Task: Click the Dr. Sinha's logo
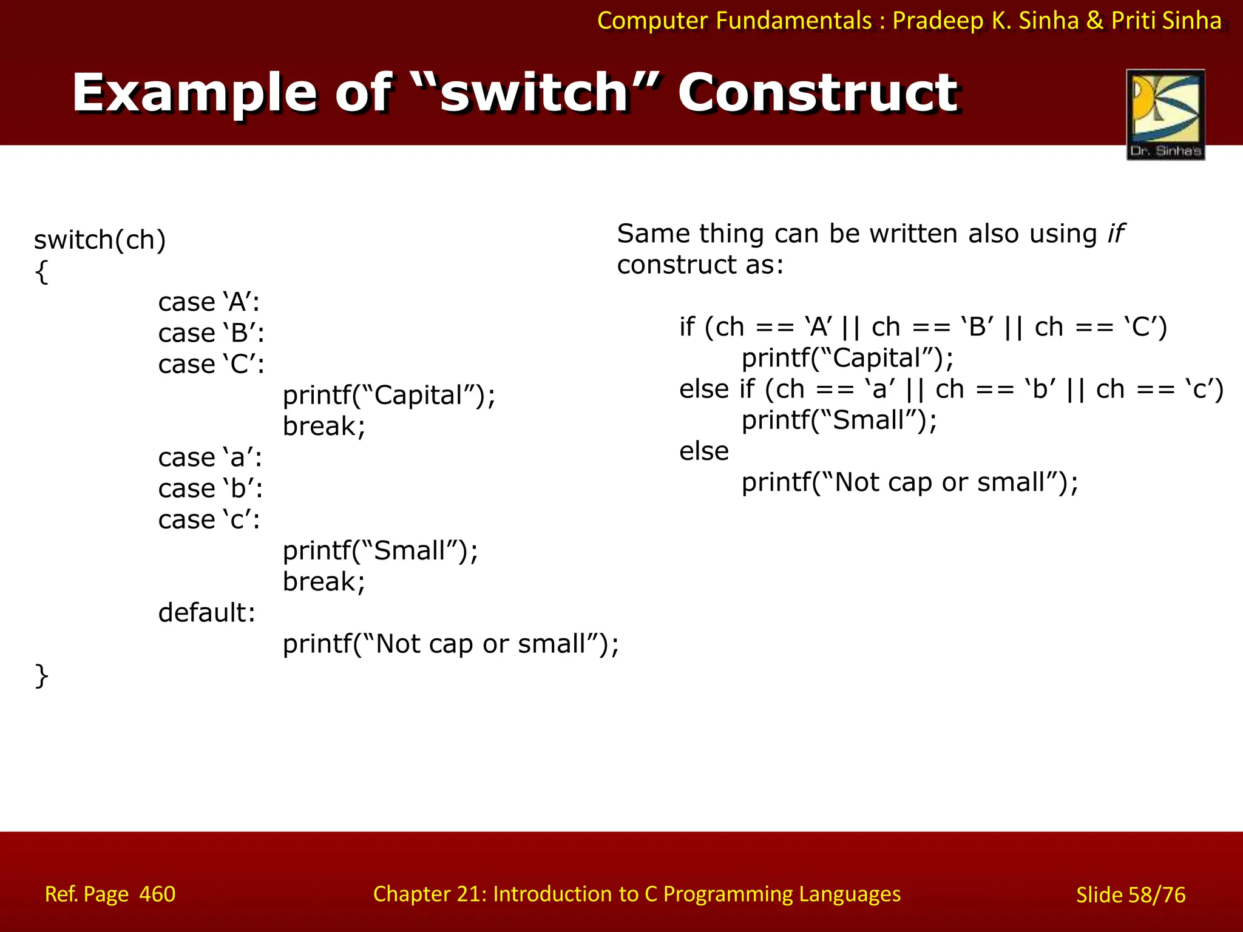(1165, 115)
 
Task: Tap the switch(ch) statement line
(100, 240)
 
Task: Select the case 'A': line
(209, 302)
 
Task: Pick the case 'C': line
(211, 365)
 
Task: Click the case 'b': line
(211, 489)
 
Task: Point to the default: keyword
(207, 613)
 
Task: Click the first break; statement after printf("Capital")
(324, 427)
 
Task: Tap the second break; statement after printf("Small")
(324, 582)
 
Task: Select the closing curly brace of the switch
(41, 676)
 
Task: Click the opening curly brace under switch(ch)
(41, 272)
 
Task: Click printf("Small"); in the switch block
(381, 551)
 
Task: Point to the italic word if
(1115, 234)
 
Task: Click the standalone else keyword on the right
(704, 451)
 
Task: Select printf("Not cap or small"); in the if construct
(910, 483)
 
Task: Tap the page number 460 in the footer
(157, 894)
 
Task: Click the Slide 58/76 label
(1130, 895)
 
